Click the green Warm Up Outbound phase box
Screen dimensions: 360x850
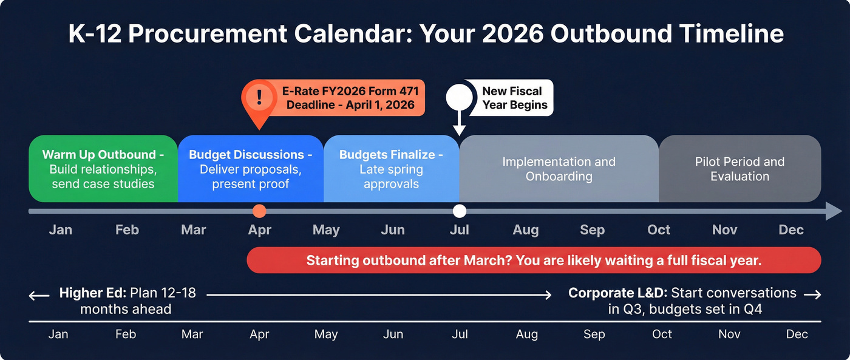(x=103, y=168)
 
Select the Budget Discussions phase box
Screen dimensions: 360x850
(x=250, y=168)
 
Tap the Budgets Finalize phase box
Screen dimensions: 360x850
(x=391, y=168)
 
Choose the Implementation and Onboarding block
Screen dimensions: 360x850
(x=559, y=169)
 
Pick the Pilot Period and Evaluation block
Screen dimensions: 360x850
(x=739, y=169)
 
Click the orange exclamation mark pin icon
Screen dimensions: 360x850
(x=259, y=97)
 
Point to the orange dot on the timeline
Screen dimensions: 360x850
(x=259, y=211)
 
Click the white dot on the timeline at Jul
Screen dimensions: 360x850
(x=460, y=211)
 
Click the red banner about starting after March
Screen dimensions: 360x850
(x=533, y=260)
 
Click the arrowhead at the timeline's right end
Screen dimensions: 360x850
(x=834, y=211)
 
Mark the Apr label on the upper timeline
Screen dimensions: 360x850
(x=259, y=230)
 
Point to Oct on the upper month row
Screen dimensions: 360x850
(x=659, y=230)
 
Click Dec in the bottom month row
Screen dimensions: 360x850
(x=797, y=335)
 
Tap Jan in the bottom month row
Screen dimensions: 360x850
(x=58, y=335)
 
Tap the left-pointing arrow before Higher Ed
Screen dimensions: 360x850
(x=39, y=296)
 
